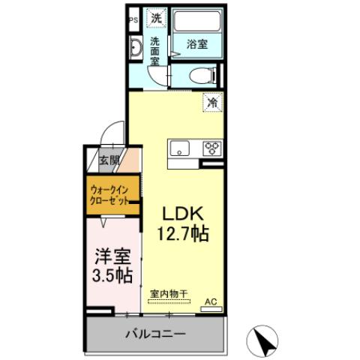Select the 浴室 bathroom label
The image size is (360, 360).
pos(197,44)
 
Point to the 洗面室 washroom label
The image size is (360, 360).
pos(154,52)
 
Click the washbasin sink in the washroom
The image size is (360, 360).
pos(135,49)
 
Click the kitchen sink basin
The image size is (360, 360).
pos(180,147)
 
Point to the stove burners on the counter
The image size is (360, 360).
pos(211,147)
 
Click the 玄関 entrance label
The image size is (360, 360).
pos(109,160)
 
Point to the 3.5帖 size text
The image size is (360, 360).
pos(112,275)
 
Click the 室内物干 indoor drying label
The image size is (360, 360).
pos(169,292)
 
